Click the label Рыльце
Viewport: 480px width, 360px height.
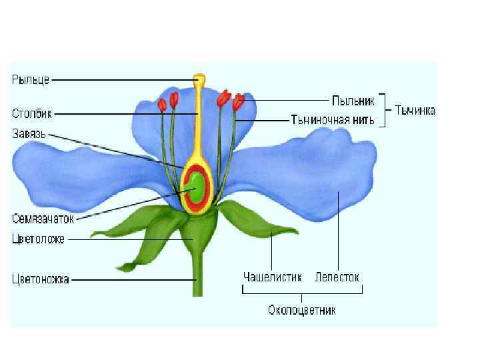tap(31, 80)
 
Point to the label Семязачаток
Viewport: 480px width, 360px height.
tap(43, 217)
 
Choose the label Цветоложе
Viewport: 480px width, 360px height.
tap(38, 238)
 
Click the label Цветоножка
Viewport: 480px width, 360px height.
tap(41, 280)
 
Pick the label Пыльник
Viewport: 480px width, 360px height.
tap(353, 101)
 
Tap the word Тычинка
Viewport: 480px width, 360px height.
tap(415, 110)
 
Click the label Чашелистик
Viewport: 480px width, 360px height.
tap(272, 276)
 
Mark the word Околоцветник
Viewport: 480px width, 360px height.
tap(302, 310)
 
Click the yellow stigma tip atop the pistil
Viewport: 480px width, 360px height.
tap(199, 81)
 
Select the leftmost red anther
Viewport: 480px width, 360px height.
tap(161, 105)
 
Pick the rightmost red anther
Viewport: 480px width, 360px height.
tap(238, 102)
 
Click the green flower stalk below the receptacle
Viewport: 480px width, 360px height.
tap(197, 273)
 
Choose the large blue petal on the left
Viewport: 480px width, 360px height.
tap(80, 177)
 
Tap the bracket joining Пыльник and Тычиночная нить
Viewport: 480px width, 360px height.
tap(382, 110)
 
